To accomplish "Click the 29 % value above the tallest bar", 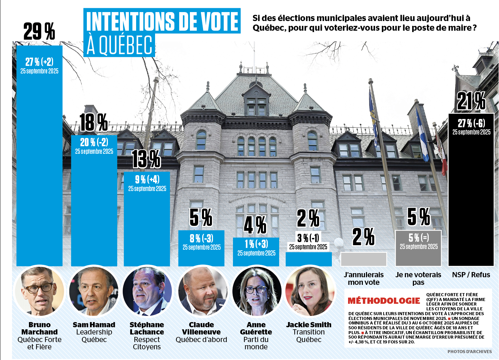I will (x=39, y=31).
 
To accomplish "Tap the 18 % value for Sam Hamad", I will (x=93, y=122).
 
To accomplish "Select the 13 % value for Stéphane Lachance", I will (x=146, y=159).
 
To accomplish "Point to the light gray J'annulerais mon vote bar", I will (x=363, y=259).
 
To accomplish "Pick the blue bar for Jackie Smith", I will (x=308, y=259).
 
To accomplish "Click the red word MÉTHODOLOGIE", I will (x=384, y=301).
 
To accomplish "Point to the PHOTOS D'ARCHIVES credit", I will (x=469, y=351).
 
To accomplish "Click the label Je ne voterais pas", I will (x=418, y=279).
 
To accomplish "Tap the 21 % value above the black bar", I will (x=471, y=101).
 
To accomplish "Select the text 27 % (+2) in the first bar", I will (x=39, y=62).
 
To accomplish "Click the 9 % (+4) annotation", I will (x=147, y=179).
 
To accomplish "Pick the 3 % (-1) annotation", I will (x=308, y=238).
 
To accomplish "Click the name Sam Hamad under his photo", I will (x=94, y=325).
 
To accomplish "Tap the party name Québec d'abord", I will (x=201, y=340).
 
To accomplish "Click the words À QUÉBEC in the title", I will (x=120, y=45).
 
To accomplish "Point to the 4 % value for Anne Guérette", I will (x=255, y=225).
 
